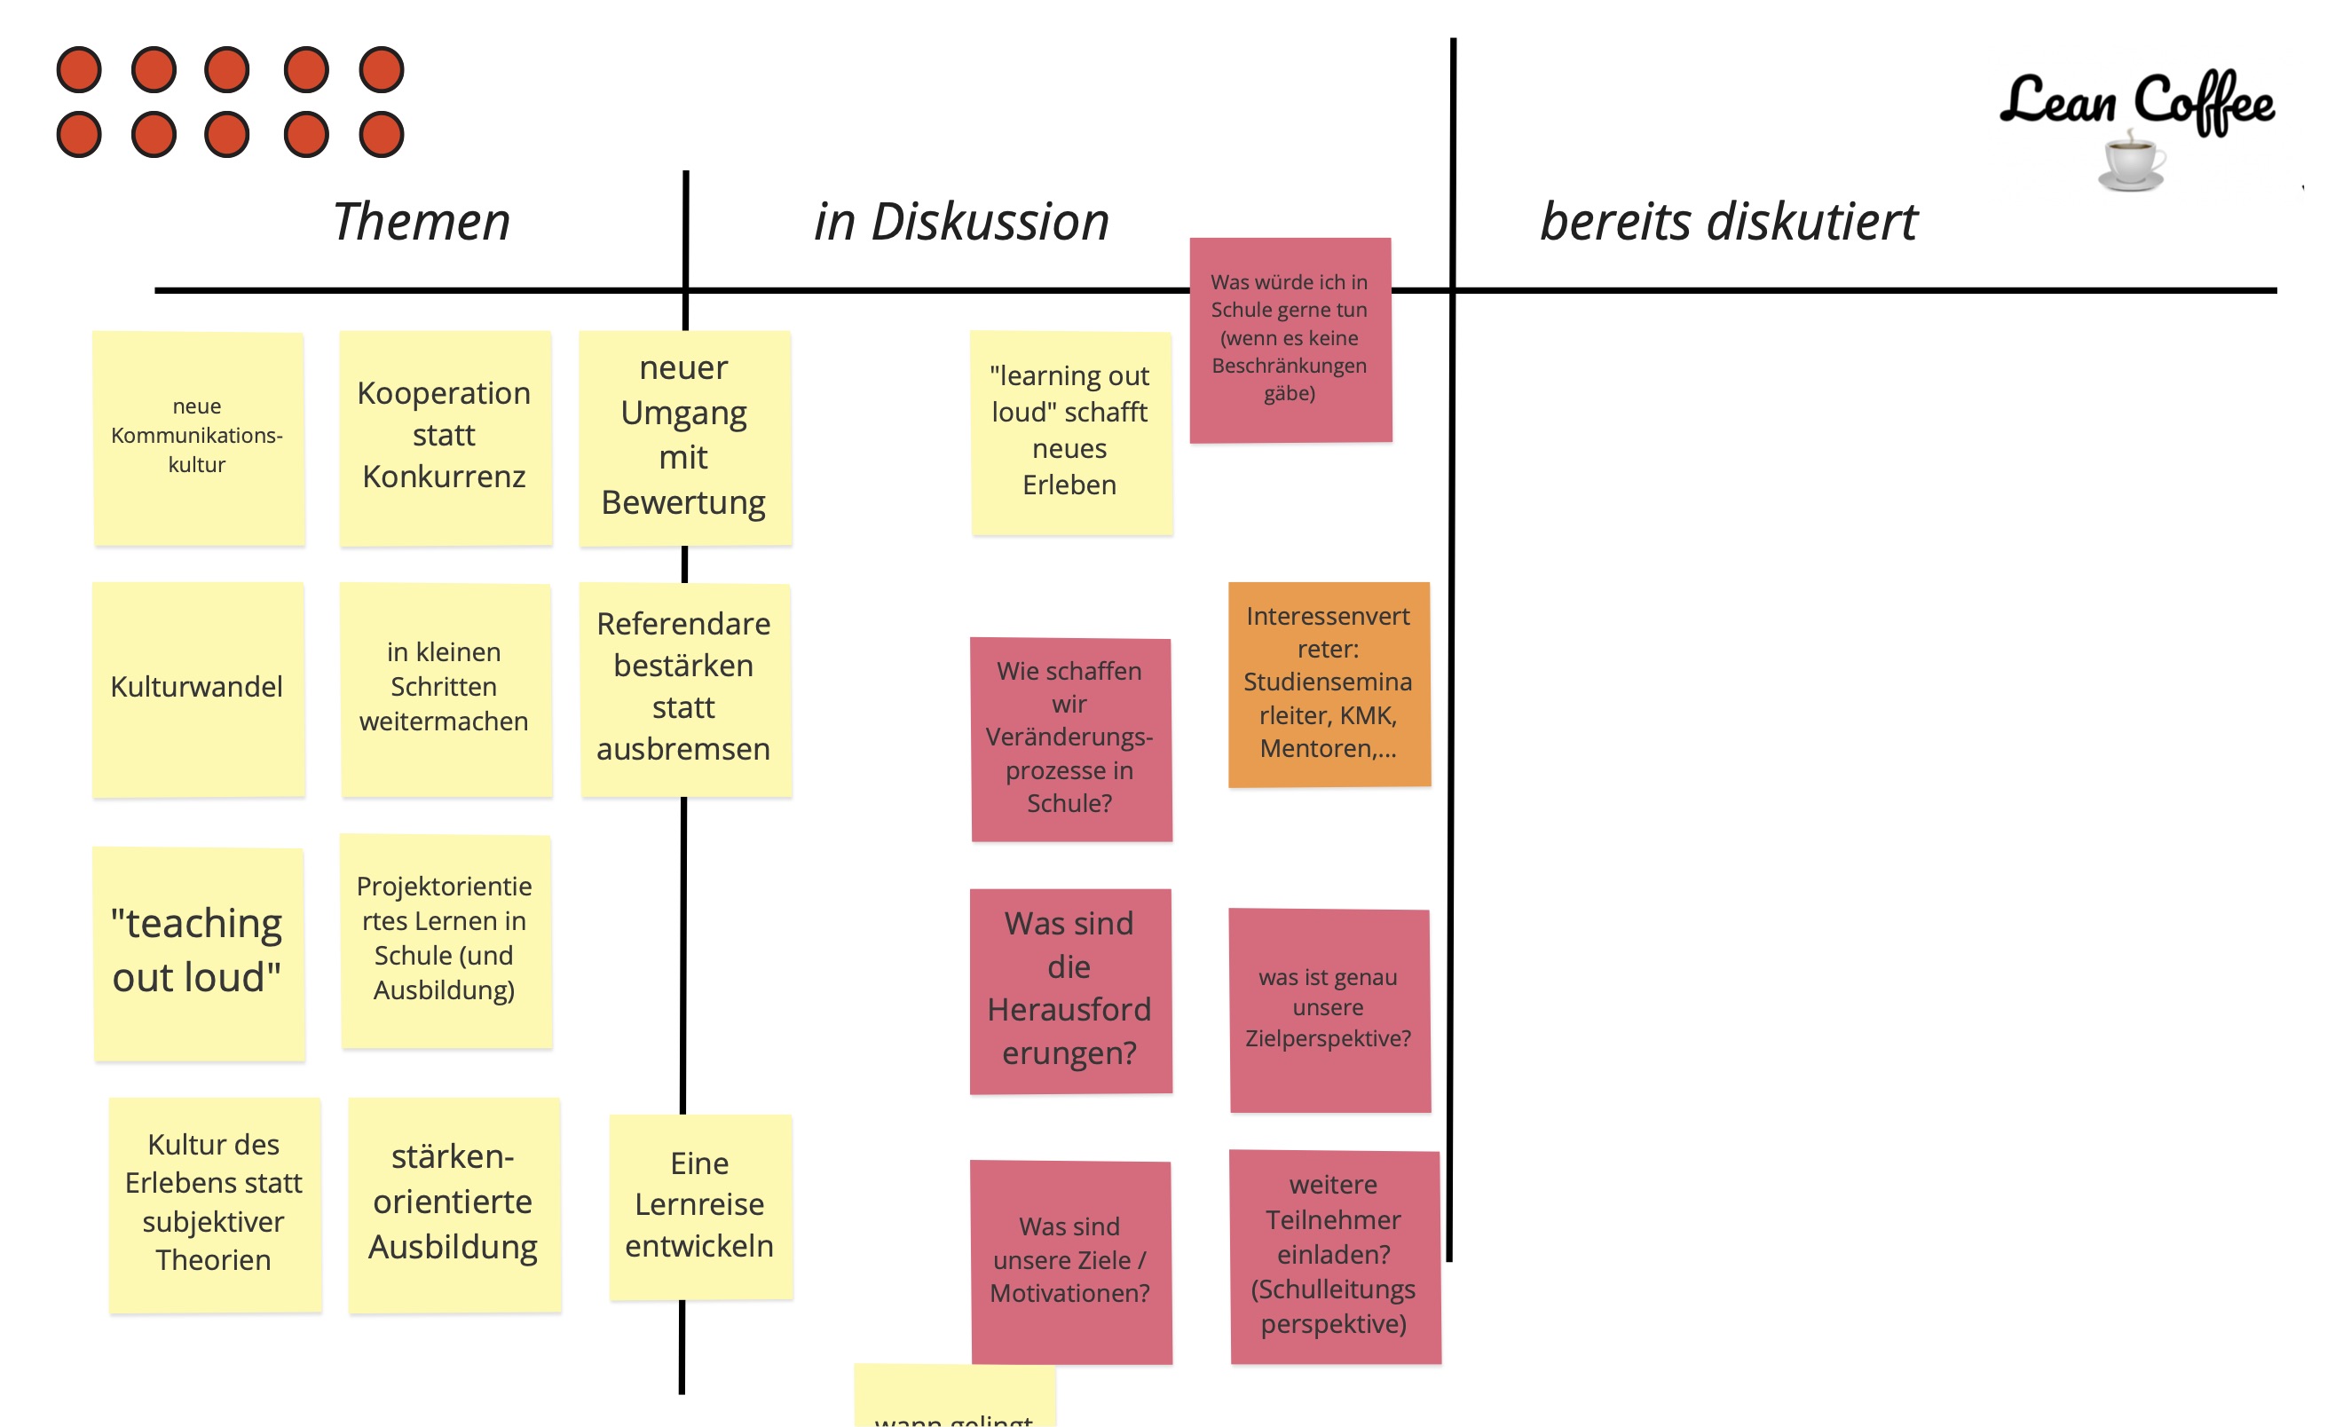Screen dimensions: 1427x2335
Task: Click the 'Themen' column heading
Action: [421, 222]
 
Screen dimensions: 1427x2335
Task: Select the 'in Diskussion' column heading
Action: [961, 222]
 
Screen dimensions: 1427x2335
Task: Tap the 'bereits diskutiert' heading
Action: [1728, 222]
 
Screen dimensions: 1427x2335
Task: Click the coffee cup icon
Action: [2130, 163]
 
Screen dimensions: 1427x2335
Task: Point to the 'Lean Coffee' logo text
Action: [2136, 100]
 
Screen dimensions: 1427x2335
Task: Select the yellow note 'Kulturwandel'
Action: [197, 688]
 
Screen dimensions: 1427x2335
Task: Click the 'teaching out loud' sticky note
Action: [197, 951]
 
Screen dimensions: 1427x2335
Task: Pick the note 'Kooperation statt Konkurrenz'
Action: [445, 436]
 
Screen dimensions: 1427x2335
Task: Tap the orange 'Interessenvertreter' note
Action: [1328, 683]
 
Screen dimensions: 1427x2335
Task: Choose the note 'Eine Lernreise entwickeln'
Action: [699, 1205]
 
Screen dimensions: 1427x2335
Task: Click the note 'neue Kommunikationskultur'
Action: [197, 436]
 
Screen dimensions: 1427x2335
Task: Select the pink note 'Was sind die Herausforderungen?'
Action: [1070, 989]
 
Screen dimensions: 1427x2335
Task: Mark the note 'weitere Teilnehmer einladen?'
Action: [1333, 1255]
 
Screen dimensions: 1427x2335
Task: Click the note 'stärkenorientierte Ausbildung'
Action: [453, 1203]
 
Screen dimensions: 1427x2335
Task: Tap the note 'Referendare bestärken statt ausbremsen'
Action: [684, 688]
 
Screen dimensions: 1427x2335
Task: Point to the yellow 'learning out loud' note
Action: [1070, 431]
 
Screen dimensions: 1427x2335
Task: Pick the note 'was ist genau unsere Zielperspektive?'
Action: [1328, 1008]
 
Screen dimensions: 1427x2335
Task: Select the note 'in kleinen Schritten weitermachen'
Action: [445, 688]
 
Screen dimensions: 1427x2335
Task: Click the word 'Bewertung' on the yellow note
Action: [683, 503]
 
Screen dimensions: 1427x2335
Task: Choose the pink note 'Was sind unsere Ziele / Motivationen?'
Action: [1070, 1260]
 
